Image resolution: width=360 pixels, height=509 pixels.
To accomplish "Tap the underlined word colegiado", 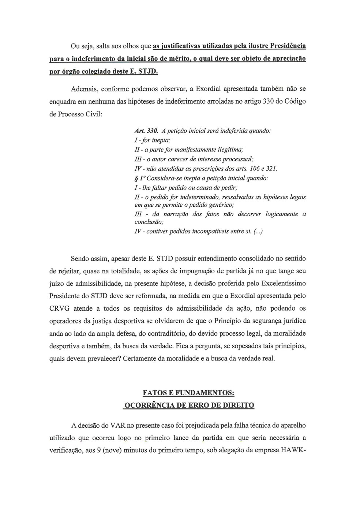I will [x=91, y=71].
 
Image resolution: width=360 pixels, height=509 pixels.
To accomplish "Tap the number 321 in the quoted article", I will [x=271, y=169].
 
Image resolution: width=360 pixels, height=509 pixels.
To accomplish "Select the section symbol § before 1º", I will [x=136, y=179].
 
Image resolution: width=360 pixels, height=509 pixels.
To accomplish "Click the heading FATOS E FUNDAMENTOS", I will [x=188, y=393].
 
